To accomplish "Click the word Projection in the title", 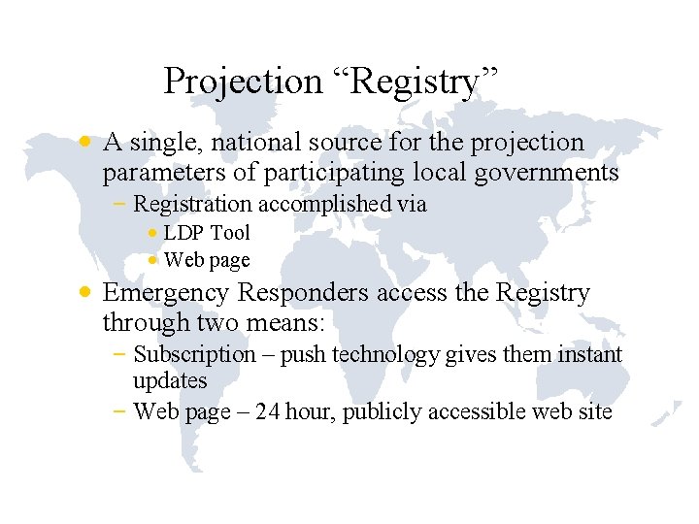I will (243, 81).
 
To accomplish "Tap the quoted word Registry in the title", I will (416, 81).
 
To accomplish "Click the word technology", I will (386, 355).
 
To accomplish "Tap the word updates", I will (170, 380).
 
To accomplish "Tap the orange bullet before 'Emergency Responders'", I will (86, 292).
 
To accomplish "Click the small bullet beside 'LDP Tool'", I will (153, 233).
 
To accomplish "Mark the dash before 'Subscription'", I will (118, 355).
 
